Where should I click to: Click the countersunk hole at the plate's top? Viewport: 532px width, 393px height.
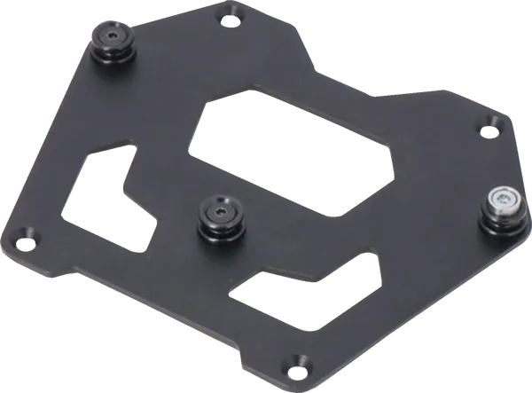pos(235,13)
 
